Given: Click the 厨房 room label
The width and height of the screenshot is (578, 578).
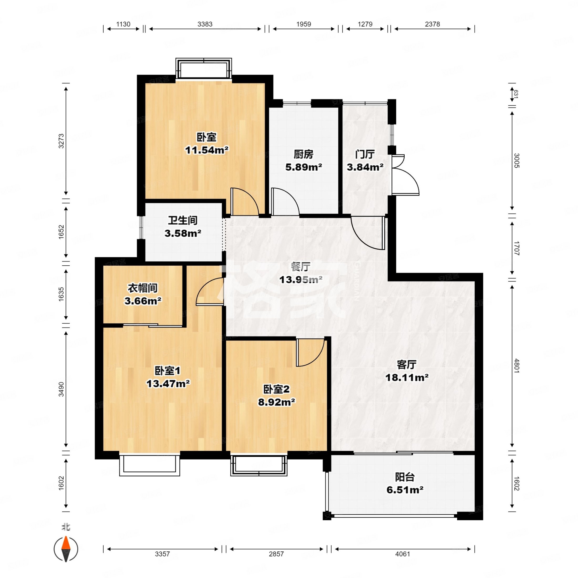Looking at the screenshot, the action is click(303, 154).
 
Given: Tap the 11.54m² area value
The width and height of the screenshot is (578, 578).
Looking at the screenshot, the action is click(207, 150).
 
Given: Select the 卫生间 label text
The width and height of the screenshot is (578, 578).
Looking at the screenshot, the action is click(183, 220).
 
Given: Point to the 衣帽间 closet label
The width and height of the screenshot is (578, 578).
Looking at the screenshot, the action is click(143, 288).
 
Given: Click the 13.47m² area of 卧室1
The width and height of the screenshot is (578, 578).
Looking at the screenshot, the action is click(168, 384).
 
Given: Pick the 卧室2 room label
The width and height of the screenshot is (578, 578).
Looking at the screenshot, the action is click(276, 389).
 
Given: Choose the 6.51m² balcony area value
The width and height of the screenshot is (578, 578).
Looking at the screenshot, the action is click(405, 490).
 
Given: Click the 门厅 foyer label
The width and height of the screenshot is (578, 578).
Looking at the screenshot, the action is click(365, 154).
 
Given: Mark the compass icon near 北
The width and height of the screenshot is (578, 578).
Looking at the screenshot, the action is click(66, 549).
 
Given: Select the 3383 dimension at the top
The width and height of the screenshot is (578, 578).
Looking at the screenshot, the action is click(205, 24).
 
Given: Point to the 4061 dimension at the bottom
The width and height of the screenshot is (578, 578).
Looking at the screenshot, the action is click(402, 554).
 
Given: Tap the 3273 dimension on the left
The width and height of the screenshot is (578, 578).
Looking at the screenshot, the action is click(61, 141).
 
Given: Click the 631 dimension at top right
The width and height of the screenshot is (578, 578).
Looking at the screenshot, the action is click(516, 94).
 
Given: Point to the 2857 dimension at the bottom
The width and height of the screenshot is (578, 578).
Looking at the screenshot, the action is click(276, 554).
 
